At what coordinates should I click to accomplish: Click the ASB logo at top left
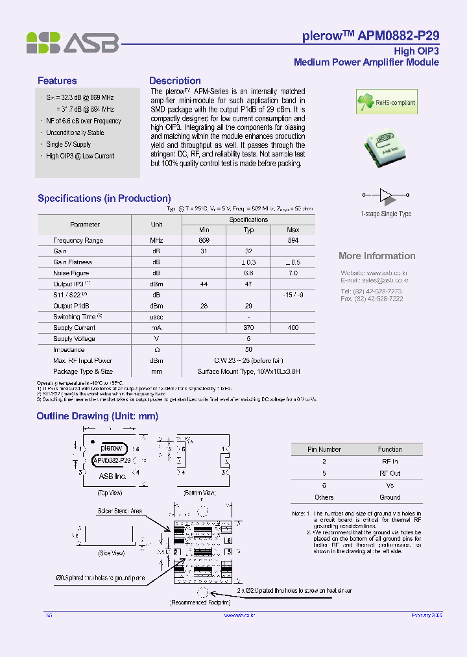point(72,43)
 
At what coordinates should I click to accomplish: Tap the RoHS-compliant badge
point(387,102)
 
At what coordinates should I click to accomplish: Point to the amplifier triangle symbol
point(386,194)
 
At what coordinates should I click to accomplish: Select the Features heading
point(57,81)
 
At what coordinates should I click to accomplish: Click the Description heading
point(174,81)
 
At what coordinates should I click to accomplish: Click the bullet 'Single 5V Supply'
point(68,144)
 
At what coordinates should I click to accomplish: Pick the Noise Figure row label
point(71,273)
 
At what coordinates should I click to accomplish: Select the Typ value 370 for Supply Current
point(248,328)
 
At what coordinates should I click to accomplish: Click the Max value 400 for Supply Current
point(293,328)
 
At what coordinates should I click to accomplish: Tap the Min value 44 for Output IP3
point(204,284)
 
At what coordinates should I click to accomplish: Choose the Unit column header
point(156,224)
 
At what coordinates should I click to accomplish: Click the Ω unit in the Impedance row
point(156,349)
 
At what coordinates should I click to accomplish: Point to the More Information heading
point(377,256)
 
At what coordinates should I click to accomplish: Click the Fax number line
point(372,299)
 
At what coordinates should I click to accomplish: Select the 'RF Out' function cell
point(390,473)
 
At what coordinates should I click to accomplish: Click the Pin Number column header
point(324,449)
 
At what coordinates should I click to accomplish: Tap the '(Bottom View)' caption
point(200,493)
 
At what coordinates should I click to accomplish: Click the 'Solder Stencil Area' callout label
point(120,512)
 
